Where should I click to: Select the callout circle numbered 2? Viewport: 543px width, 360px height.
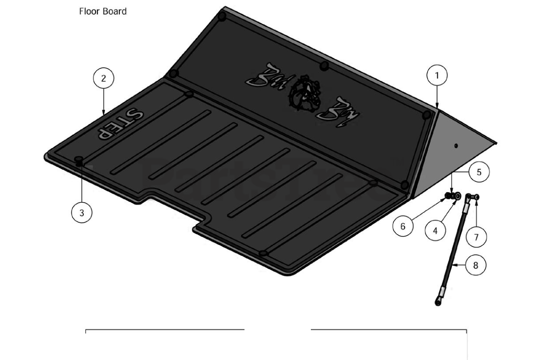pos(104,78)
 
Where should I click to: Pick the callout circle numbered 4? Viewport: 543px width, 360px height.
pos(435,231)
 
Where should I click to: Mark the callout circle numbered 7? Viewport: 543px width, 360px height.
pos(476,237)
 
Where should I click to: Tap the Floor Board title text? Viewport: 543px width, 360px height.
pos(103,11)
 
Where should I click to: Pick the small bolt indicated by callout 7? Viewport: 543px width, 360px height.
pos(477,197)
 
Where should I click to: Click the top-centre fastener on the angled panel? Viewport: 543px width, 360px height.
pos(324,66)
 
